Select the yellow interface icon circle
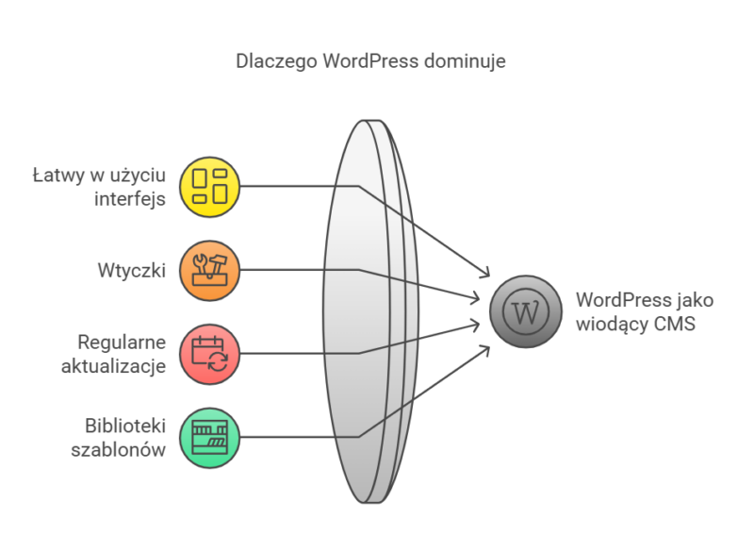(210, 186)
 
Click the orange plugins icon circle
(210, 269)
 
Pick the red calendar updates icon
(210, 353)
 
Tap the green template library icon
(210, 436)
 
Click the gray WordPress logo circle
(526, 311)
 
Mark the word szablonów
(119, 449)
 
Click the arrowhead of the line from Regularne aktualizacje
(476, 324)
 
